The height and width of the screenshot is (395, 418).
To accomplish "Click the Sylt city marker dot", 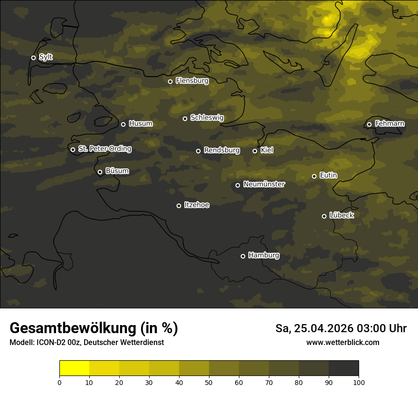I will pos(33,58).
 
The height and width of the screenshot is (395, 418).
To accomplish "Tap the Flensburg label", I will pos(192,81).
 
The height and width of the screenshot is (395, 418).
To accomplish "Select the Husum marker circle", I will pos(123,124).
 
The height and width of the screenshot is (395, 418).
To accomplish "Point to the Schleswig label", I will pos(207,118).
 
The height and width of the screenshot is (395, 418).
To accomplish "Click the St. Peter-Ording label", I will pos(104,149).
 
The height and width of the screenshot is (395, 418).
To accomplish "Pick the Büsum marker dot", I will pos(100,172).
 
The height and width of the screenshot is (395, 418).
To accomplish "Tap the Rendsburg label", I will pos(222,150).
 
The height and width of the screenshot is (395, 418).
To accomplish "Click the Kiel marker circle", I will pos(255,151).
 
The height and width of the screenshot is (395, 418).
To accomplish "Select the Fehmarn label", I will pos(389,124).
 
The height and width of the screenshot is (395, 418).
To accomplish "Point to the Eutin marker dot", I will pos(314,176).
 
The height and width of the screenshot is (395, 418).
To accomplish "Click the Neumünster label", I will pos(264,184).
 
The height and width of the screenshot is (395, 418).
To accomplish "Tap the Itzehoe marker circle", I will pos(179,206).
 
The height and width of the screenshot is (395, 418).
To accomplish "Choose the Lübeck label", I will pos(342,216).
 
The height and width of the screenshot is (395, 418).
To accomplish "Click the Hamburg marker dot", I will pos(243,256).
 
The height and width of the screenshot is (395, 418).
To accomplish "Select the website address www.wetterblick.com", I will pos(343,342).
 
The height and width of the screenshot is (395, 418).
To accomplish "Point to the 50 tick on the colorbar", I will pos(209,382).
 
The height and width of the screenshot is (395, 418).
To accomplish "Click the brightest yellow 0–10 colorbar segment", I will pos(74,368).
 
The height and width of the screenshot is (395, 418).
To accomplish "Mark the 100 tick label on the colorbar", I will pos(359,382).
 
